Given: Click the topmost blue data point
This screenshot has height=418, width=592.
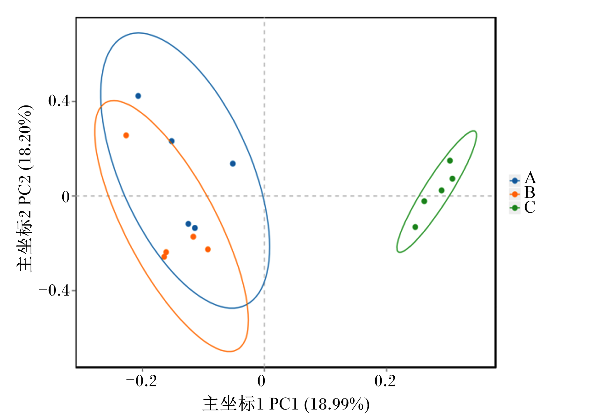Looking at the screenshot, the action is [x=138, y=96].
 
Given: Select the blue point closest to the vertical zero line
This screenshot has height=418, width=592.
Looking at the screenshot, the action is [x=233, y=164].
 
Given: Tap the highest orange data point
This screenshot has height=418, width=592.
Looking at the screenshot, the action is [x=126, y=135].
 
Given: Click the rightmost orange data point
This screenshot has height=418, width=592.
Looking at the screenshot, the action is [x=208, y=249].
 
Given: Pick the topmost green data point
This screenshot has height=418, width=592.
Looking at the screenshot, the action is [x=450, y=161].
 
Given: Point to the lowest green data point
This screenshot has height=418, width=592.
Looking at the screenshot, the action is [x=415, y=227].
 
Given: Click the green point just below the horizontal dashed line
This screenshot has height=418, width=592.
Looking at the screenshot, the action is [x=424, y=201].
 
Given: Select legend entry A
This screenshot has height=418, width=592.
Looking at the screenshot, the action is [x=522, y=178].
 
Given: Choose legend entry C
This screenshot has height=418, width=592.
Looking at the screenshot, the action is [x=522, y=207].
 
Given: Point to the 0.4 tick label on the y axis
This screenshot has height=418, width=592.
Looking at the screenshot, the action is [x=59, y=101].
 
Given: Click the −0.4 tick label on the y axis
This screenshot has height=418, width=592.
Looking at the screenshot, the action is [x=54, y=290].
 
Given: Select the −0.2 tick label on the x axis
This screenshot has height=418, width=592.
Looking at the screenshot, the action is [x=141, y=381].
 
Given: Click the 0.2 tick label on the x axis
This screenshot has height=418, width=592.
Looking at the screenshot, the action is [x=385, y=381].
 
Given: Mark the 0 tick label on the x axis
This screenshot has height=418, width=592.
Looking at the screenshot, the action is [x=261, y=381].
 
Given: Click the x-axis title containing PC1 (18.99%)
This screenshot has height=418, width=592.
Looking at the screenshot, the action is [x=286, y=404].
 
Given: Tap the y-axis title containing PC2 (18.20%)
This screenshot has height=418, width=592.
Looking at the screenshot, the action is [x=25, y=188].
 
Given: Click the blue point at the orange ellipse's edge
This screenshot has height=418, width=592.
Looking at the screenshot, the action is [x=172, y=141].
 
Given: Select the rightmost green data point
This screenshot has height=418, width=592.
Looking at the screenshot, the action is [x=452, y=179].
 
